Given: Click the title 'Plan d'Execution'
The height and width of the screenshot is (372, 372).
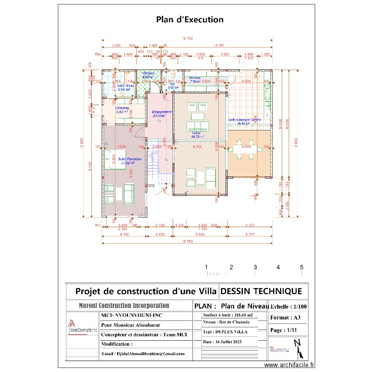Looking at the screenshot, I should (x=189, y=20).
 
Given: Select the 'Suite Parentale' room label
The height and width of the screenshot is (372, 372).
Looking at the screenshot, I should (x=130, y=159).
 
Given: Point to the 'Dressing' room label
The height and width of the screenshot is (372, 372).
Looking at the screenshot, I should (x=122, y=108).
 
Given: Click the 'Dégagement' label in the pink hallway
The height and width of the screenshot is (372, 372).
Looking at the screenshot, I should (x=162, y=112).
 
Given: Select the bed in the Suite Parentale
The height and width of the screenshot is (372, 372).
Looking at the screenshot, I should (x=116, y=162).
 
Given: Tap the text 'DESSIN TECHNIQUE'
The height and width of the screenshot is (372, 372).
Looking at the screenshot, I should (x=260, y=291).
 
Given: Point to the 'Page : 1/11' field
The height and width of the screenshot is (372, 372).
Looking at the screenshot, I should (x=283, y=329).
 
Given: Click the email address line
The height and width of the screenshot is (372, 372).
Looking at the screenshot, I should (x=142, y=354).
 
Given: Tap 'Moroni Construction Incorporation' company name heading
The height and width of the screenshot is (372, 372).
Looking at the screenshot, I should (x=124, y=306).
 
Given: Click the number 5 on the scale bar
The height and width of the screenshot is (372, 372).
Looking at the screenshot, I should (x=301, y=267).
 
